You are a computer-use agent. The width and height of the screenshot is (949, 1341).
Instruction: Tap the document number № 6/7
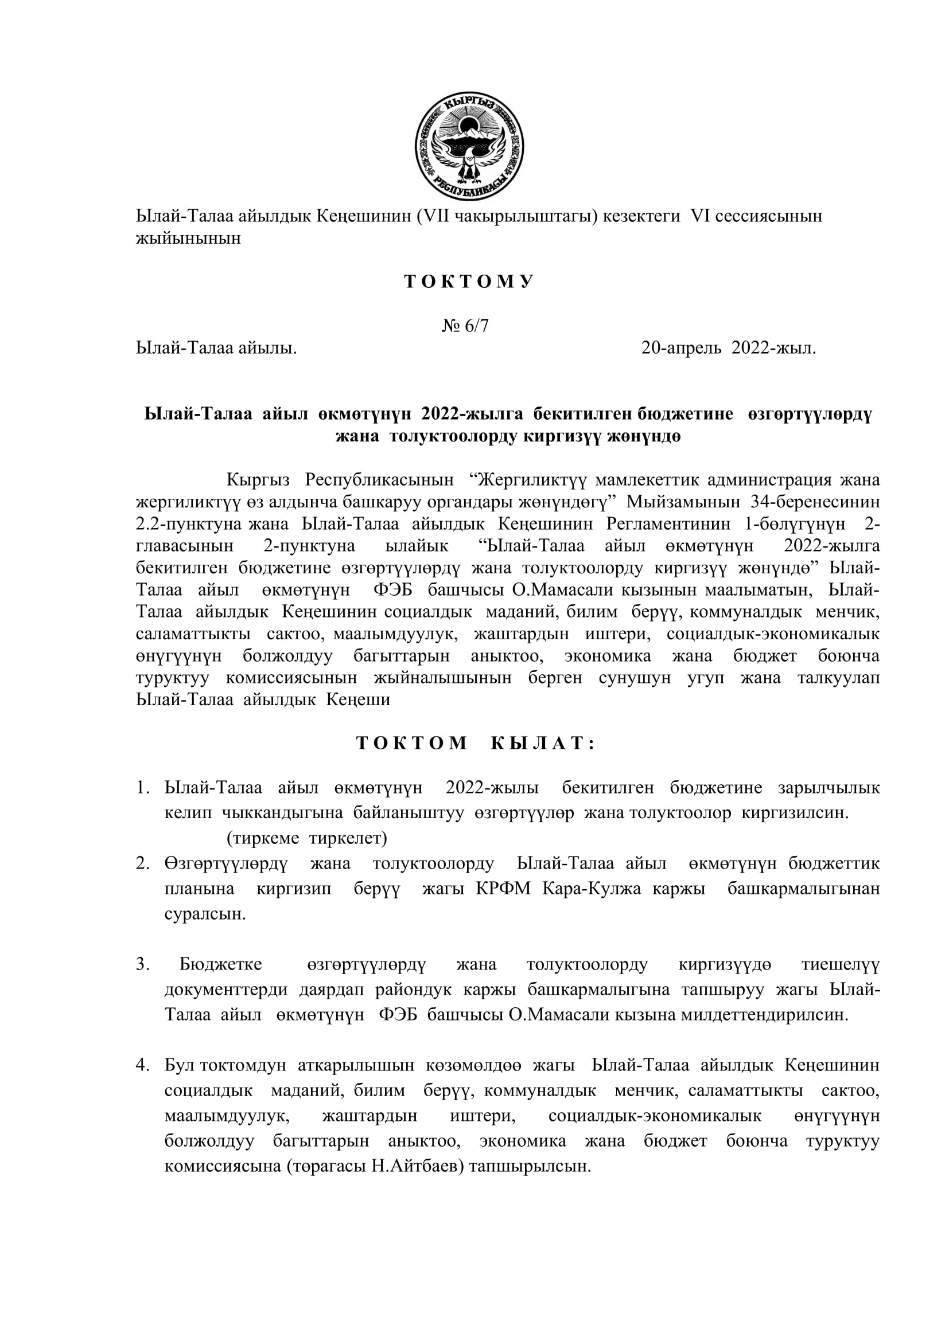(465, 325)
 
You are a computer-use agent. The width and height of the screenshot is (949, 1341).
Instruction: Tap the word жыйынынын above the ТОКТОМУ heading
(188, 239)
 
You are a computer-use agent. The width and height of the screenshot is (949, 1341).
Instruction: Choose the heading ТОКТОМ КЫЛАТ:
(475, 743)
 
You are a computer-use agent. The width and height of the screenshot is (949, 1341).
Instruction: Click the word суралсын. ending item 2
(205, 913)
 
